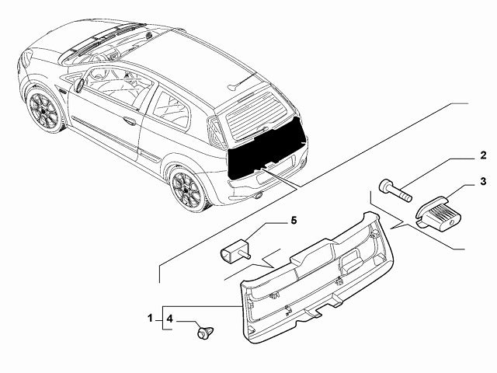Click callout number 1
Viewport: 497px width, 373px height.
point(150,319)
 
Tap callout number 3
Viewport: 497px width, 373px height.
point(481,182)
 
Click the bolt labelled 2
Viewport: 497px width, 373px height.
point(394,189)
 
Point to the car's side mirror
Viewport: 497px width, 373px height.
point(79,85)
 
